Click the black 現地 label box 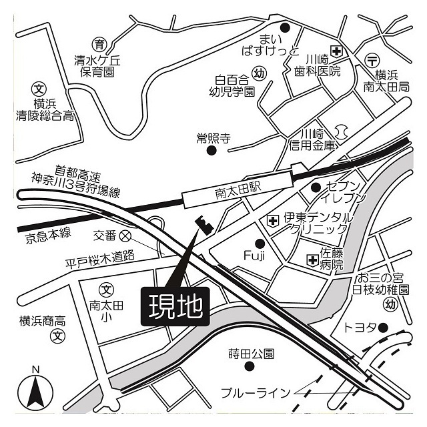pos(175,307)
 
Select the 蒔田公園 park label pos(250,353)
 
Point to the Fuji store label pos(255,256)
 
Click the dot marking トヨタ pos(384,328)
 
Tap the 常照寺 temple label pos(213,138)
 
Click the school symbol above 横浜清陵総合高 pos(39,88)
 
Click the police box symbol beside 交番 pos(125,235)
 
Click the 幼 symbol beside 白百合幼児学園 pos(260,73)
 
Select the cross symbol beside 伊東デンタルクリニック pos(273,219)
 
